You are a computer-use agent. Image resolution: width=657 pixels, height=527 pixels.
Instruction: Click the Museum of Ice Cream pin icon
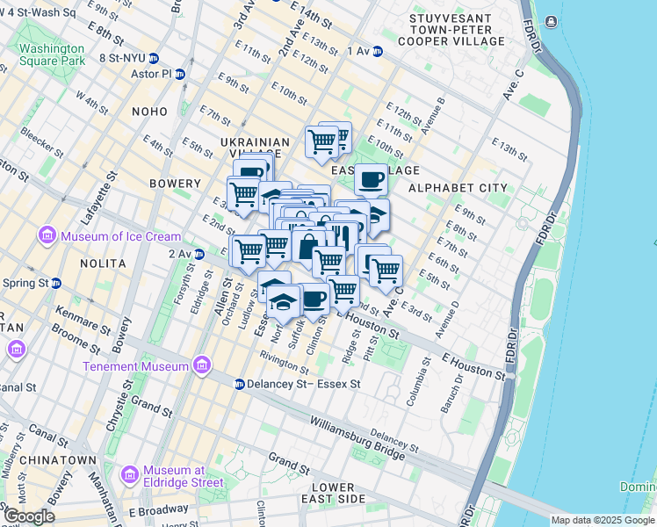pos(47,235)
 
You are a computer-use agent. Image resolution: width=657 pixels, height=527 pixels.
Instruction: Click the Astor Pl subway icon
pos(180,75)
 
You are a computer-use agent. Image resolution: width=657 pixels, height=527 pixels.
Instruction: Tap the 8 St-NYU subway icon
pos(154,59)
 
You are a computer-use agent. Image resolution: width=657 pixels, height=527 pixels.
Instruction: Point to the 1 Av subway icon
pos(378,52)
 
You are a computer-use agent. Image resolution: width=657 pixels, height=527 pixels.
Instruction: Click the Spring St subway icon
pos(56,284)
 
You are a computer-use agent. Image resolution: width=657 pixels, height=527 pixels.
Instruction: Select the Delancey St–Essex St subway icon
pos(239,384)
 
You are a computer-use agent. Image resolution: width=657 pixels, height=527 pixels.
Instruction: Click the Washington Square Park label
pos(53,54)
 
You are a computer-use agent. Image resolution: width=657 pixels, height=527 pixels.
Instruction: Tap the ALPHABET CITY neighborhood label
pos(458,187)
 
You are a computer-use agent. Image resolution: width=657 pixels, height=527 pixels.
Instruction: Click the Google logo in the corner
pos(29,516)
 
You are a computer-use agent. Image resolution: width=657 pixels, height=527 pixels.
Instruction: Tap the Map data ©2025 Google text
pos(602,520)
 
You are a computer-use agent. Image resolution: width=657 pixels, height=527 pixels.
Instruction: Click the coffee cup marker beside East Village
pos(371,179)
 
